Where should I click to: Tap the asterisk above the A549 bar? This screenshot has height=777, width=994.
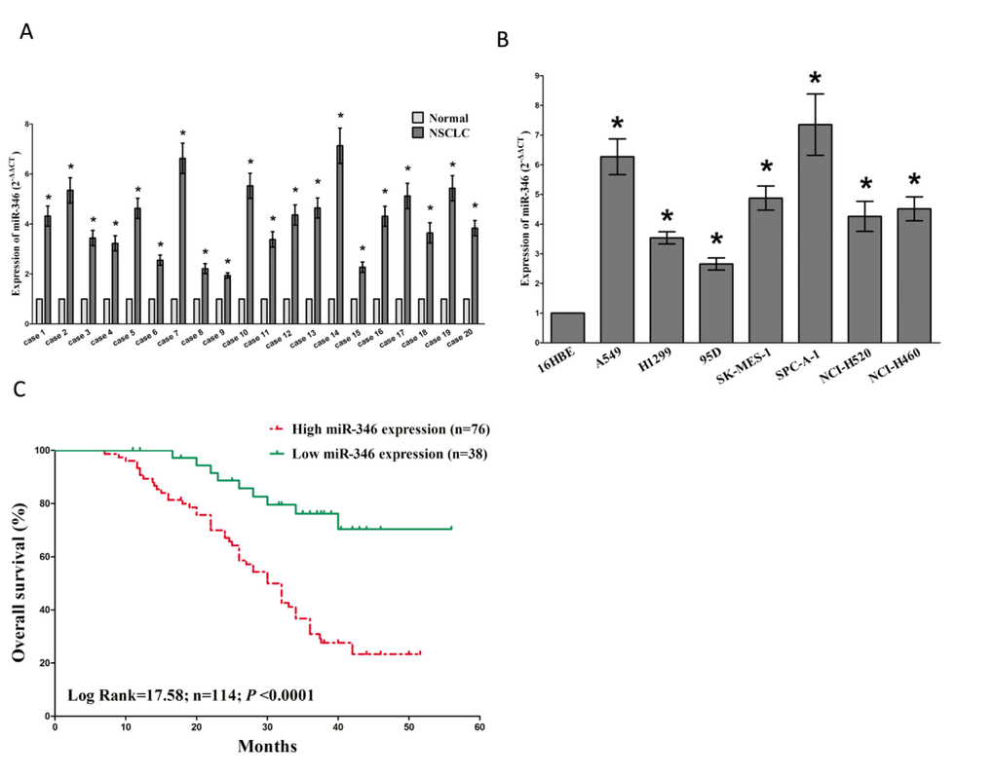618,125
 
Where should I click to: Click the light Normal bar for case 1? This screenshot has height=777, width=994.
39,312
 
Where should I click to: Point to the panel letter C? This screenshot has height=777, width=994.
20,392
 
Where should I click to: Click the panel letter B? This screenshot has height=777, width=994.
502,41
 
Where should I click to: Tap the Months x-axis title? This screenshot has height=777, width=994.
267,748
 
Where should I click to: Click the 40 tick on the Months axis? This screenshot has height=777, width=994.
338,727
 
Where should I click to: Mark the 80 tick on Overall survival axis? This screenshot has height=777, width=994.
39,503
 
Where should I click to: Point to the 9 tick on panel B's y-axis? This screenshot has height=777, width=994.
527,74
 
